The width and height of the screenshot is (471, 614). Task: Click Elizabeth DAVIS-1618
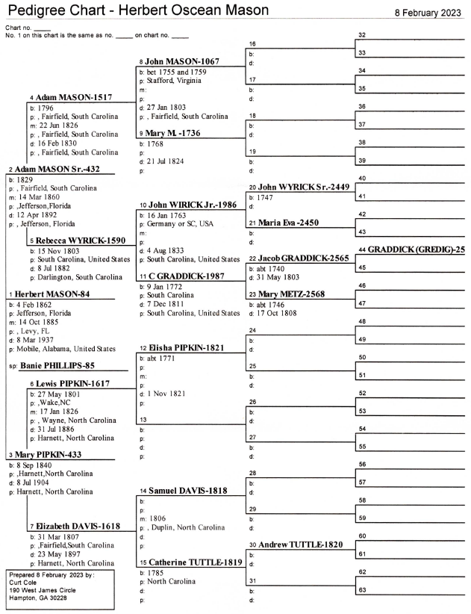point(78,527)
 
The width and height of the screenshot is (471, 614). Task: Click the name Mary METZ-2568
point(291,294)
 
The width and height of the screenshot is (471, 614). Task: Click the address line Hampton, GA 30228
point(38,598)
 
